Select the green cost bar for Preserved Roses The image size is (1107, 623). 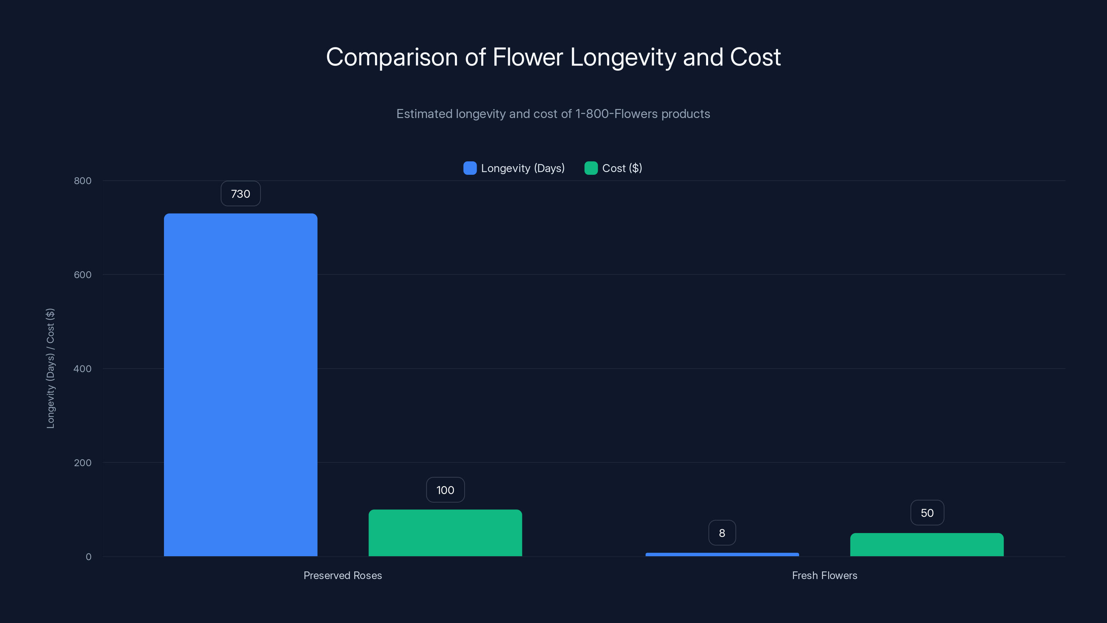click(445, 533)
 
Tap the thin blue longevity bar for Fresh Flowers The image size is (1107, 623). click(722, 554)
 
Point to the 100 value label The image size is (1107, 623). click(445, 490)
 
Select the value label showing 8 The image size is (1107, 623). click(722, 533)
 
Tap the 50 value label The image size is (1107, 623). click(927, 513)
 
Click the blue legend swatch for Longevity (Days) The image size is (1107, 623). click(470, 168)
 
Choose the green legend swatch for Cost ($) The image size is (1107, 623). click(591, 168)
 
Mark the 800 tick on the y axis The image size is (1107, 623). click(83, 181)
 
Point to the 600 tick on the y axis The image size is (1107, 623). click(83, 275)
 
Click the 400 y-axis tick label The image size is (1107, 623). click(83, 369)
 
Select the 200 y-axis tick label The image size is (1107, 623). click(83, 463)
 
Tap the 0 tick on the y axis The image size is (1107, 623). click(89, 557)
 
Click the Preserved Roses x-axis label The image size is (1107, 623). click(342, 575)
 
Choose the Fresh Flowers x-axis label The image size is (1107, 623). click(824, 575)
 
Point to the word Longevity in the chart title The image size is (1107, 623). click(623, 57)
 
